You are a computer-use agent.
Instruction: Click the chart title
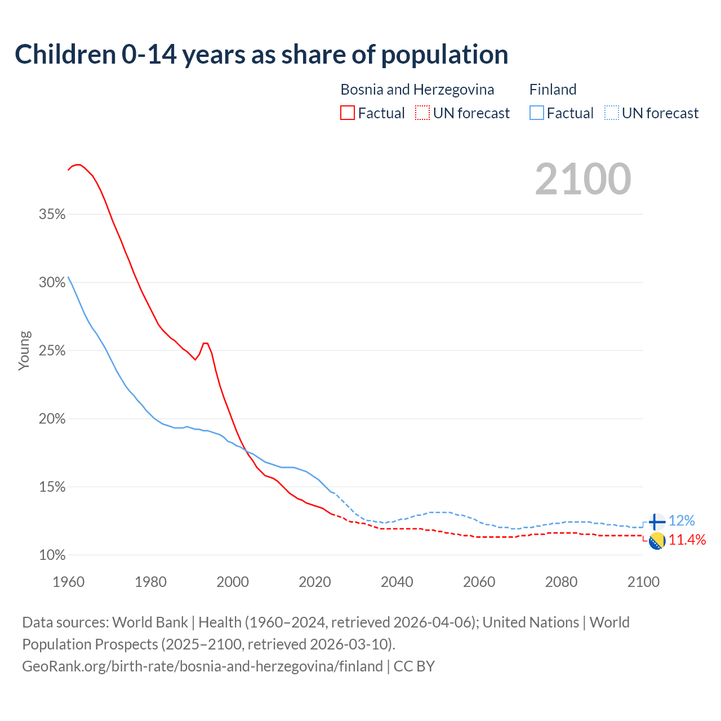tap(261, 55)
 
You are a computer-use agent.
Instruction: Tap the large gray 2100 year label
tap(583, 179)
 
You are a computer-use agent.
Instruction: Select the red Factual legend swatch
tap(348, 113)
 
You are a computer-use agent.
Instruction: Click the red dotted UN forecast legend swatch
tap(422, 113)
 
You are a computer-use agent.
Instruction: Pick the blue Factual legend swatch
tap(537, 113)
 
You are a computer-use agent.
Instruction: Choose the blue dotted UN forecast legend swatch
tap(612, 113)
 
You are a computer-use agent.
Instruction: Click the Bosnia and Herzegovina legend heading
tap(417, 90)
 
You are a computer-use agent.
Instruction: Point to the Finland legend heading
tap(553, 90)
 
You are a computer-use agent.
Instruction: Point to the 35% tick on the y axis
tap(52, 215)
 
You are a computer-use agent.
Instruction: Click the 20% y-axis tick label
tap(52, 419)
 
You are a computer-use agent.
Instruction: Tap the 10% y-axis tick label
tap(52, 555)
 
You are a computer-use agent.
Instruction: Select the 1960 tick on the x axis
tap(69, 582)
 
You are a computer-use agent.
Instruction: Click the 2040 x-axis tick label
tap(397, 582)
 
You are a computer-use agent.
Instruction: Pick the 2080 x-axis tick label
tap(561, 582)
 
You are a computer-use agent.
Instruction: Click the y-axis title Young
tap(24, 350)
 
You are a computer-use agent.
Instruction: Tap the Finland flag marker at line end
tap(657, 522)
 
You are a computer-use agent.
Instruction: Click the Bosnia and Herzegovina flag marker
tap(657, 541)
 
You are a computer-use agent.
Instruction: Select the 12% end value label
tap(682, 520)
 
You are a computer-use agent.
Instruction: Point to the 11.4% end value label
tap(687, 540)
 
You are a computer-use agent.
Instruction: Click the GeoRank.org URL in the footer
tap(202, 666)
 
